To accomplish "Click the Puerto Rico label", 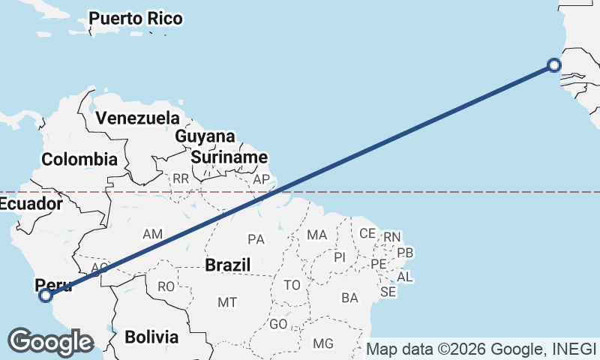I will (135, 19).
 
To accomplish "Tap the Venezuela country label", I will (138, 118).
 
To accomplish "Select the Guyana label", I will (205, 136).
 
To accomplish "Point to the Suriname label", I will (229, 157).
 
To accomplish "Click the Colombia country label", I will (79, 159).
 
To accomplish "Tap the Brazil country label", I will (227, 265).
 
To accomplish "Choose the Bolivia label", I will (151, 337).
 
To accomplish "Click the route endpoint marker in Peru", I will (46, 295).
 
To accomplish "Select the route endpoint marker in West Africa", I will (554, 65).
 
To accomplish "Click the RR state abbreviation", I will (181, 179).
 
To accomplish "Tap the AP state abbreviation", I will (261, 180).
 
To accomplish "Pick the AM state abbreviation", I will (152, 235).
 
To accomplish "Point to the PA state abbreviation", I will (256, 239).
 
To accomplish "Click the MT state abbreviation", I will (227, 302).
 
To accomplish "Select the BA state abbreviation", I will (349, 298).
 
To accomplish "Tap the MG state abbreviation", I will (323, 343).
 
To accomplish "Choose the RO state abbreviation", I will (166, 286).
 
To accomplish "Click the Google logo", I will (50, 342).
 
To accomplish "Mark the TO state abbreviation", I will (292, 285).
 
